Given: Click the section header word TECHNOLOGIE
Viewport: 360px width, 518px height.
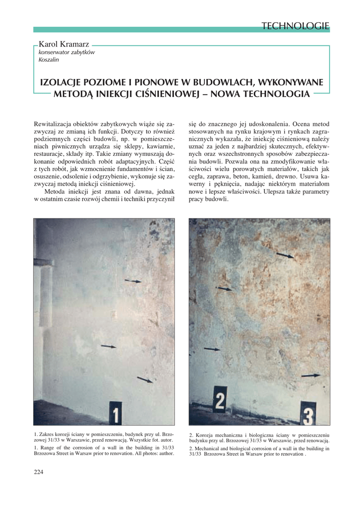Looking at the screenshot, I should pos(296,26).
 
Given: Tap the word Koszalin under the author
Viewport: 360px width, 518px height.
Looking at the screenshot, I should pos(49,60).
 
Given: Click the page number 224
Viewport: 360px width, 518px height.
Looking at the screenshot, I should pos(39,472).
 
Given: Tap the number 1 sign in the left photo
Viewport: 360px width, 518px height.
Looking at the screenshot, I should pos(116,412).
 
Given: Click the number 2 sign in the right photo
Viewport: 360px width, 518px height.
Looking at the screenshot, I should pos(220,400).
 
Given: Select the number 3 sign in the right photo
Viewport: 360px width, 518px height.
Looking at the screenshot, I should pos(308,413).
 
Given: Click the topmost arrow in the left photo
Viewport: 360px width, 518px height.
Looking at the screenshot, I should pos(133,281).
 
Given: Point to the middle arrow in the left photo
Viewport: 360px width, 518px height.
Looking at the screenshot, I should pos(108,346).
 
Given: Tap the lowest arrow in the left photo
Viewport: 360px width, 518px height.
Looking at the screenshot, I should pos(145,379).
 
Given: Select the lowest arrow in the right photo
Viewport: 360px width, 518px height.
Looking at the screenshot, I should pos(311,375).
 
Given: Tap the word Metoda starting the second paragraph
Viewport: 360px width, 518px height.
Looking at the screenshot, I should pos(56,192).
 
